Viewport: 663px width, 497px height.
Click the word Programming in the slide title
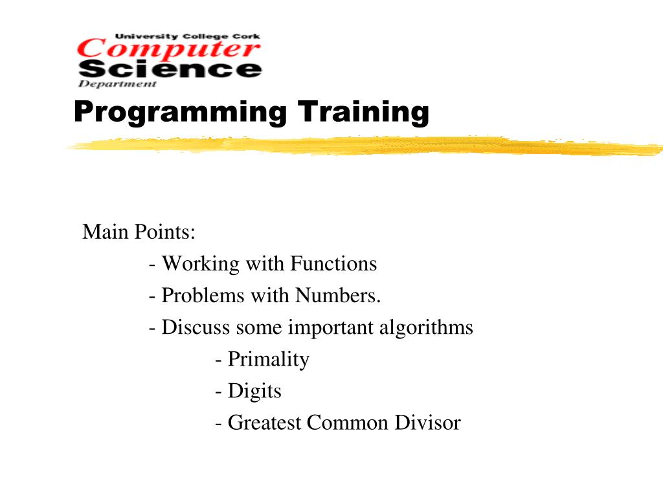click(179, 112)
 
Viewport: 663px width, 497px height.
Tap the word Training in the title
click(363, 112)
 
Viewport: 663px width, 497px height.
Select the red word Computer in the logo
click(169, 49)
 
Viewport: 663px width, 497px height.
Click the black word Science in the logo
click(170, 69)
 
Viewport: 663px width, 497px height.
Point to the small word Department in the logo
click(117, 83)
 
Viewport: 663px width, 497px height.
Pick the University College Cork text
click(188, 37)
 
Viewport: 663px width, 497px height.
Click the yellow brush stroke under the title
click(363, 145)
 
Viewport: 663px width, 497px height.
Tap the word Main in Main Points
click(106, 232)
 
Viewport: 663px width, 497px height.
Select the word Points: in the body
click(164, 232)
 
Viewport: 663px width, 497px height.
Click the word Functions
click(333, 263)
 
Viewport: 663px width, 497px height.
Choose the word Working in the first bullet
click(200, 263)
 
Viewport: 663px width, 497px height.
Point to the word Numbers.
click(338, 296)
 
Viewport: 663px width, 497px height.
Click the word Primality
click(268, 359)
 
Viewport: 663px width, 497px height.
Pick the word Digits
click(254, 392)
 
